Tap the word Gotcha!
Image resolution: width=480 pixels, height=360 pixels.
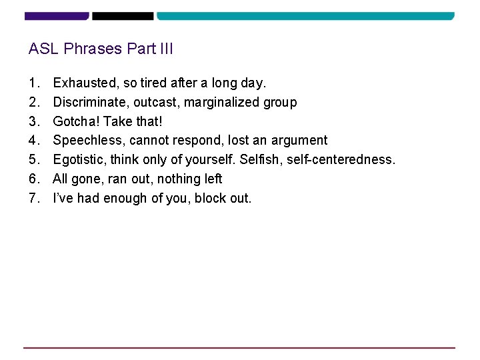pos(76,121)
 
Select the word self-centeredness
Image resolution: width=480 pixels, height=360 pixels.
pos(341,160)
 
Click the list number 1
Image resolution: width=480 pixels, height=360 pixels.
pos(33,83)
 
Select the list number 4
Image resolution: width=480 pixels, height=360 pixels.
pos(33,141)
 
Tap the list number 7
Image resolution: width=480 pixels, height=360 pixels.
pos(33,198)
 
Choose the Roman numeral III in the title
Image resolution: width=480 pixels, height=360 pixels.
pos(165,49)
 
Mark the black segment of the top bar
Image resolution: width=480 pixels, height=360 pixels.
pos(123,15)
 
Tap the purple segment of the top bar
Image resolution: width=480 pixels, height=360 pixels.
pos(56,15)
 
